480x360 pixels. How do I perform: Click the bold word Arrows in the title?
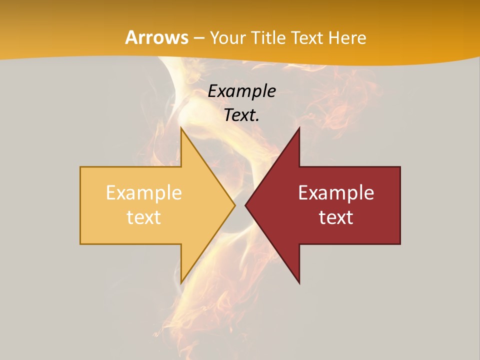[x=156, y=37]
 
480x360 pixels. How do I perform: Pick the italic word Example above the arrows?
[x=242, y=91]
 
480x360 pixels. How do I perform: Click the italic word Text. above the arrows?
[x=242, y=115]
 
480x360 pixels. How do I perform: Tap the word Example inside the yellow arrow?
[x=144, y=193]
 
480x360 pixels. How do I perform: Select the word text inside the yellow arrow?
[x=144, y=217]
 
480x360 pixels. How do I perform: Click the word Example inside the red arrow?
[x=336, y=193]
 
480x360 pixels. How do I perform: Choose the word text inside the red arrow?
[x=336, y=217]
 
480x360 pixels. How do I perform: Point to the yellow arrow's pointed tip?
[x=234, y=205]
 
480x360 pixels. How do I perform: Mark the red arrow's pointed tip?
[x=245, y=205]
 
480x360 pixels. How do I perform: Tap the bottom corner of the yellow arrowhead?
[x=181, y=283]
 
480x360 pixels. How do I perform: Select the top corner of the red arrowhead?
[x=299, y=127]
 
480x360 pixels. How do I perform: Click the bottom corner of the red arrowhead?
[x=299, y=283]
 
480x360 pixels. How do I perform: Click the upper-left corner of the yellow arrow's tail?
[x=81, y=167]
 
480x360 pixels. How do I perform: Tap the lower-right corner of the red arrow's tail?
[x=399, y=243]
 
